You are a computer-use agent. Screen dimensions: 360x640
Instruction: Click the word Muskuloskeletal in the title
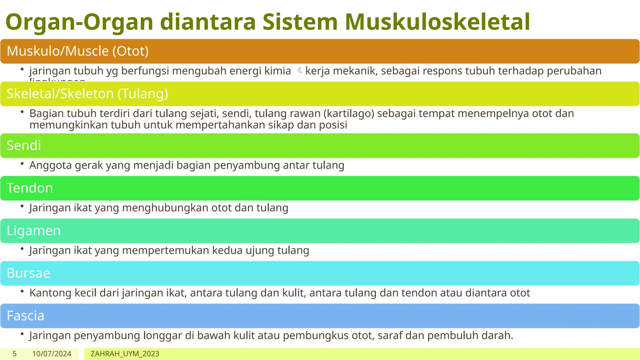tap(437, 22)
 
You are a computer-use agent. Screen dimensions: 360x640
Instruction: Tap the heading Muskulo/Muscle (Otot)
tap(77, 51)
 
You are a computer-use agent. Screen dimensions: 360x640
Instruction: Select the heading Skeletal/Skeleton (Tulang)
tap(87, 94)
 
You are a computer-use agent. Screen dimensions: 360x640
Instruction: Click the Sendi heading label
tap(24, 146)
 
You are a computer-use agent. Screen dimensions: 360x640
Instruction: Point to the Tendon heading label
tap(30, 188)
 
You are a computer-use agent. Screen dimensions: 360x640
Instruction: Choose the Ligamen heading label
tap(33, 231)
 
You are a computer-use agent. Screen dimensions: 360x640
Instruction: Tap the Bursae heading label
tap(28, 273)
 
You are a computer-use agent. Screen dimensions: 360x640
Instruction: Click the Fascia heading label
tap(25, 316)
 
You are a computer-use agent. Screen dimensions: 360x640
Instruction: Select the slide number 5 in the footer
tap(14, 354)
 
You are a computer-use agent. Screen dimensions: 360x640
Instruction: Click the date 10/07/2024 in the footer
tap(52, 354)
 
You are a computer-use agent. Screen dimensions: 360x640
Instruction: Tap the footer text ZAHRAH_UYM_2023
tap(125, 354)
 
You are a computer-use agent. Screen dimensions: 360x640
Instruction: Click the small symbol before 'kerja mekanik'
tap(300, 71)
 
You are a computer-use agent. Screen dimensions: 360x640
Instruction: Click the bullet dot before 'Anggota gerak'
tap(22, 163)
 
